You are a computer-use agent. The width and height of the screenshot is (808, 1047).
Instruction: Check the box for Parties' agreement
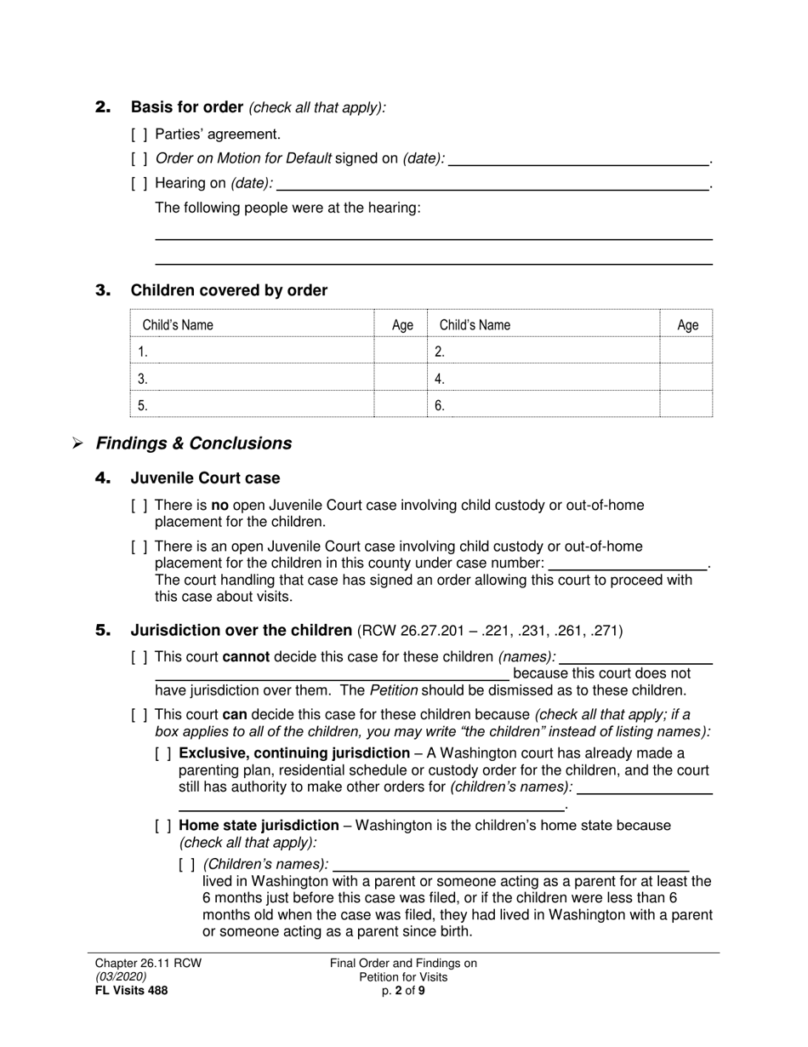point(139,134)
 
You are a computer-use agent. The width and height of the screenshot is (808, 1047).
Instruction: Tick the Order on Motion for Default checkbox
point(139,158)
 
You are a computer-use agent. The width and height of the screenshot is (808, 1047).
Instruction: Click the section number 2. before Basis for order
point(103,107)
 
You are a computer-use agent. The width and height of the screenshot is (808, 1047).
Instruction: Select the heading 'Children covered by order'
point(229,291)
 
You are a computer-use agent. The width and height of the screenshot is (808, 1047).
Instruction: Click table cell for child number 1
point(252,351)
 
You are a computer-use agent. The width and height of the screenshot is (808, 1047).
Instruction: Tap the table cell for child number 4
point(543,379)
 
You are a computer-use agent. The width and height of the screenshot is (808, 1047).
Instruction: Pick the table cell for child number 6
point(543,406)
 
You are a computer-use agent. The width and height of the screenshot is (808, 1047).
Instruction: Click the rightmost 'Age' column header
point(687,325)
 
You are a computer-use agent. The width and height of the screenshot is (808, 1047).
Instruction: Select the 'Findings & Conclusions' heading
point(194,443)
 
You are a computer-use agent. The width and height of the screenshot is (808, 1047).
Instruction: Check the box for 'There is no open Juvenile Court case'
point(139,506)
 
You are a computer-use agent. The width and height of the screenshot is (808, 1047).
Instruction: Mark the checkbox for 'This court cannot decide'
point(139,657)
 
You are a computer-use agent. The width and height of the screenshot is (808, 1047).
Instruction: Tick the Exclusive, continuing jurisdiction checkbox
point(163,754)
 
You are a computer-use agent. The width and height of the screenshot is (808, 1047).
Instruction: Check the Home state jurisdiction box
point(163,827)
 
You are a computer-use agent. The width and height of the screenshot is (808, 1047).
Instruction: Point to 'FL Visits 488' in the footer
point(131,990)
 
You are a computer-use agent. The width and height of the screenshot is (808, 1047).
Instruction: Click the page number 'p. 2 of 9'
point(403,990)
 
